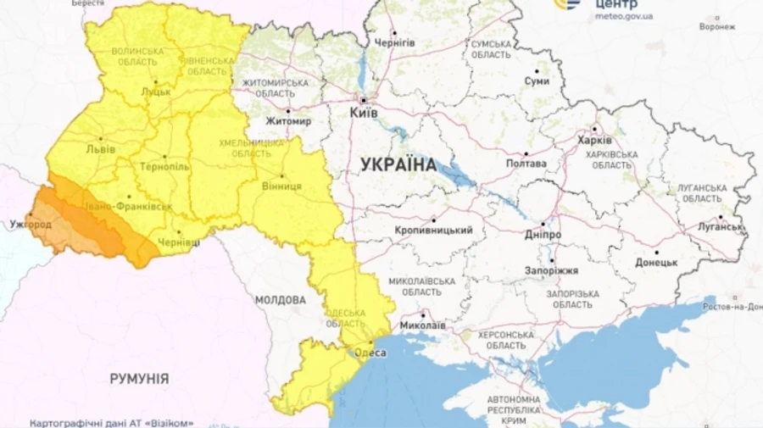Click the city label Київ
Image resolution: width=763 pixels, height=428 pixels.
(x=364, y=111)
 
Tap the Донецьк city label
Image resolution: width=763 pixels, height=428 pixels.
(x=655, y=263)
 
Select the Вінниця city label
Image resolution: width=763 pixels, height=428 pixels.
(x=281, y=186)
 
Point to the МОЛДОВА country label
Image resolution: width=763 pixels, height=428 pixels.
(x=280, y=300)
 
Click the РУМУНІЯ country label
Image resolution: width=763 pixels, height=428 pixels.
(x=139, y=379)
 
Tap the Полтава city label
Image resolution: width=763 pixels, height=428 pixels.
(x=526, y=164)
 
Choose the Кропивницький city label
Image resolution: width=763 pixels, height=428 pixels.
(x=433, y=231)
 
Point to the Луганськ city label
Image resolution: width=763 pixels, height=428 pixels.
(x=721, y=227)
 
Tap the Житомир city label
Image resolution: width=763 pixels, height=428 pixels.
(x=288, y=122)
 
